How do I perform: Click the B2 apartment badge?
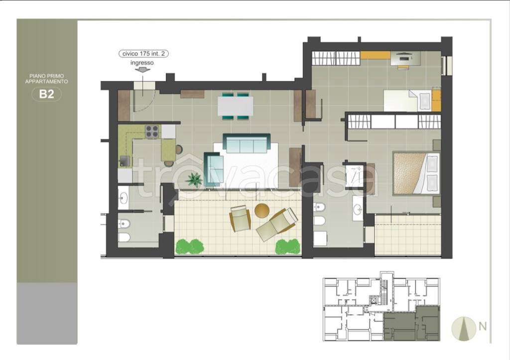click(x=46, y=94)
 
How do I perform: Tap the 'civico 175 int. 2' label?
click(x=143, y=54)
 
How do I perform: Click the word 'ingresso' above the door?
click(x=142, y=63)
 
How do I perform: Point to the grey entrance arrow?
click(x=142, y=70)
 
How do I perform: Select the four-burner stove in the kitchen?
click(x=152, y=131)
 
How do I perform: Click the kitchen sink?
click(x=125, y=161)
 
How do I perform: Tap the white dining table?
click(x=236, y=106)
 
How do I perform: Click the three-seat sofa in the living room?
click(x=247, y=143)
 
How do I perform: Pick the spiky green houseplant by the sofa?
click(x=194, y=180)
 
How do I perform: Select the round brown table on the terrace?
click(x=262, y=211)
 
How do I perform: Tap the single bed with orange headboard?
click(x=412, y=100)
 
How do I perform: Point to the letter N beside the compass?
click(x=482, y=326)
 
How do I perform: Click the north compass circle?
click(x=464, y=329)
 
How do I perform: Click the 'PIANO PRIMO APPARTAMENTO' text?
click(x=46, y=79)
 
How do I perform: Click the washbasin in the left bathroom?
click(x=124, y=197)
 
